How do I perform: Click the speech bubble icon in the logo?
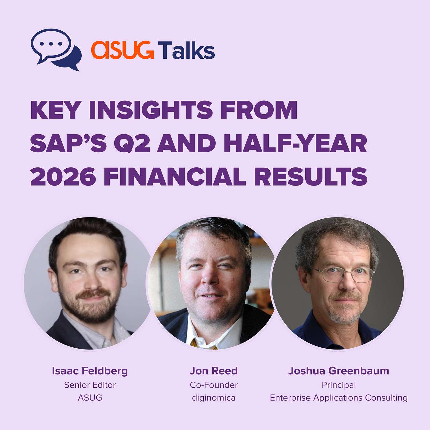56,49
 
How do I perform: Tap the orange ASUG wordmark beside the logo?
122,50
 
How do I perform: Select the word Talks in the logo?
186,50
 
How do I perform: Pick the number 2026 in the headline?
63,177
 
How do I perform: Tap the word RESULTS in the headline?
311,177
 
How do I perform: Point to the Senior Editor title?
90,385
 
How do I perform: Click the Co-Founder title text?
214,385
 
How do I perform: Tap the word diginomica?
214,398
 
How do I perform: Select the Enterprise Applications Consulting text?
339,398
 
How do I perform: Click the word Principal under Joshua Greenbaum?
339,385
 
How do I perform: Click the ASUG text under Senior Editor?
90,398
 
